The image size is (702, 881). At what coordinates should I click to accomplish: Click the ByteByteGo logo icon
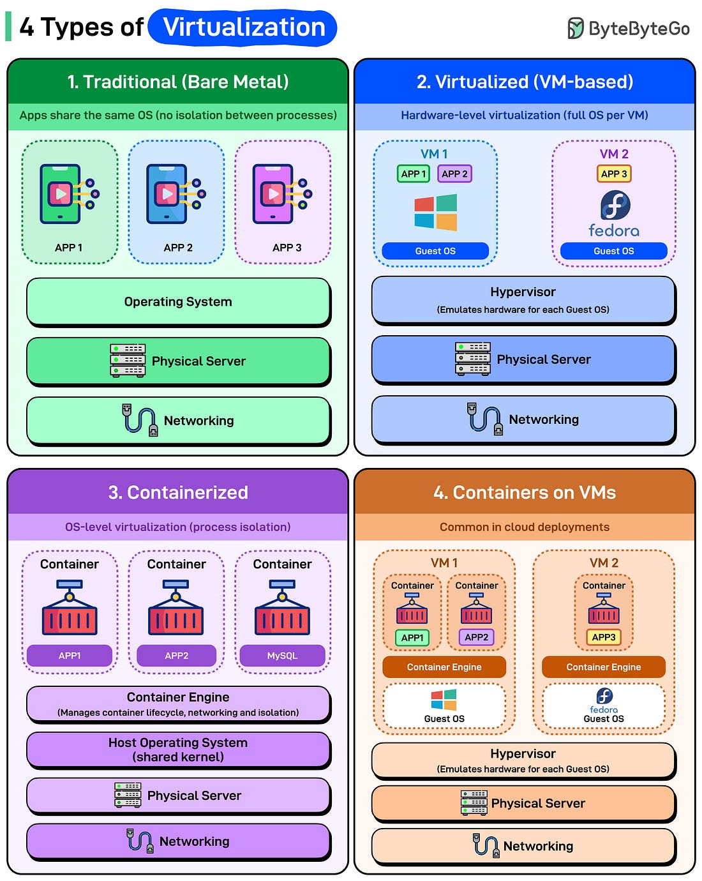point(575,28)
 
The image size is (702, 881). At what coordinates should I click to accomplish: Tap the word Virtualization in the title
point(243,27)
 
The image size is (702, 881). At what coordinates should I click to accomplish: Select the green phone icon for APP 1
point(61,193)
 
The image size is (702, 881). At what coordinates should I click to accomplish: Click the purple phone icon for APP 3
point(274,193)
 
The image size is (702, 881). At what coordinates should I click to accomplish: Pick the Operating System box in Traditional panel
point(178,301)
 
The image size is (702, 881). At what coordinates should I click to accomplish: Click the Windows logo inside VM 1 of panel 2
point(435,212)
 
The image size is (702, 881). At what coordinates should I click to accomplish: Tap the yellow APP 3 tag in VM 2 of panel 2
point(614,174)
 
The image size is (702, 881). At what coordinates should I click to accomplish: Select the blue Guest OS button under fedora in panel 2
point(613,251)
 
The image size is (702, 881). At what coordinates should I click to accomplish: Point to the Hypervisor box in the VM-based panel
point(523,299)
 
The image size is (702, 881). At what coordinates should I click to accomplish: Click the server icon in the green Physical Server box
point(128,361)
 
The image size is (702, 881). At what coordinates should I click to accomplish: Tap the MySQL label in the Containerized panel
point(282,656)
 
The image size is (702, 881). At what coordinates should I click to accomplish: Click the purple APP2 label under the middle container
point(176,656)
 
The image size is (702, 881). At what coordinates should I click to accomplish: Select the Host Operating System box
point(178,749)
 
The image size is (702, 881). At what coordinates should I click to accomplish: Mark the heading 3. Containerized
point(178,492)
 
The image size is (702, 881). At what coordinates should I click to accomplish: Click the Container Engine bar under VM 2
point(603,667)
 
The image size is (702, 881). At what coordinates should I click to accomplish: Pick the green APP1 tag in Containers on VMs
point(412,637)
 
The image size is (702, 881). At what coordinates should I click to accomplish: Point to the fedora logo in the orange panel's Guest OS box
point(604,696)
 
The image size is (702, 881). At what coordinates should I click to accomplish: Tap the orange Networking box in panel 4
point(523,846)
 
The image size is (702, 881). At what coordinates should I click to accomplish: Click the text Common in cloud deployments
point(524,527)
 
